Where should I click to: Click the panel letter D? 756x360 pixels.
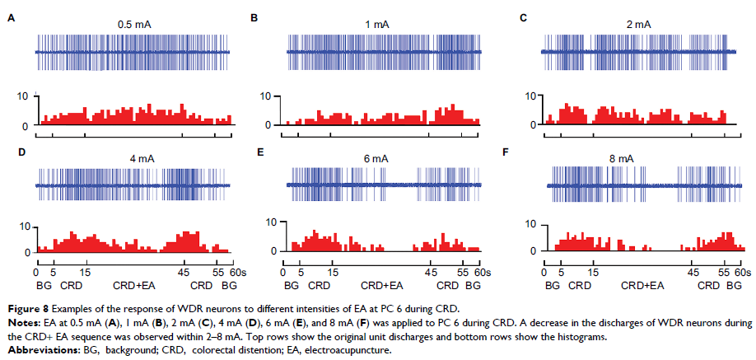pyautogui.click(x=10, y=153)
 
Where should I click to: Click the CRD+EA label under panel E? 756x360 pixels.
pyautogui.click(x=383, y=285)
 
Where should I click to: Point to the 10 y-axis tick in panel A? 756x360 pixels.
pyautogui.click(x=22, y=96)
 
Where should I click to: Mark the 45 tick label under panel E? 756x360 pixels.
pyautogui.click(x=430, y=271)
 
